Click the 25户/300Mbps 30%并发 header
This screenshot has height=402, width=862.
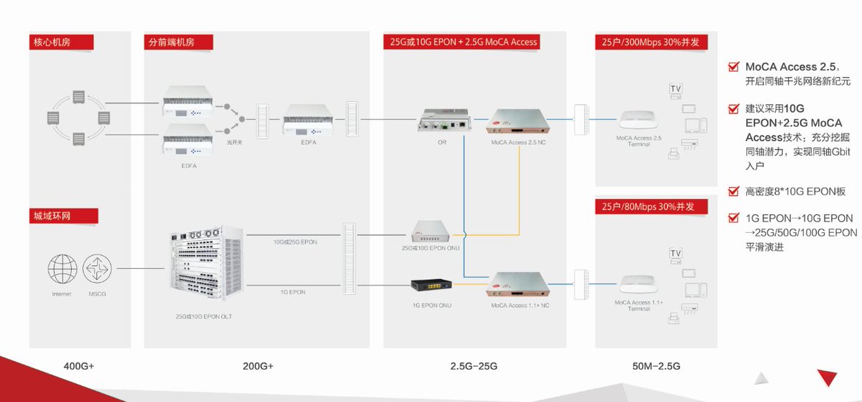[646, 42]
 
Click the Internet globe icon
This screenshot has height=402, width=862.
[62, 269]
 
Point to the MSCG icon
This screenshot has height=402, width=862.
[97, 269]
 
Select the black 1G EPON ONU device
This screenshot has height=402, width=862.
[430, 285]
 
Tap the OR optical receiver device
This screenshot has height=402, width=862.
[441, 120]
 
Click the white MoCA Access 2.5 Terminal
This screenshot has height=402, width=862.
[638, 119]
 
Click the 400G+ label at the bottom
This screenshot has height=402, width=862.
[78, 366]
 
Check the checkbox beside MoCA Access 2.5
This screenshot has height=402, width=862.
[733, 67]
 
